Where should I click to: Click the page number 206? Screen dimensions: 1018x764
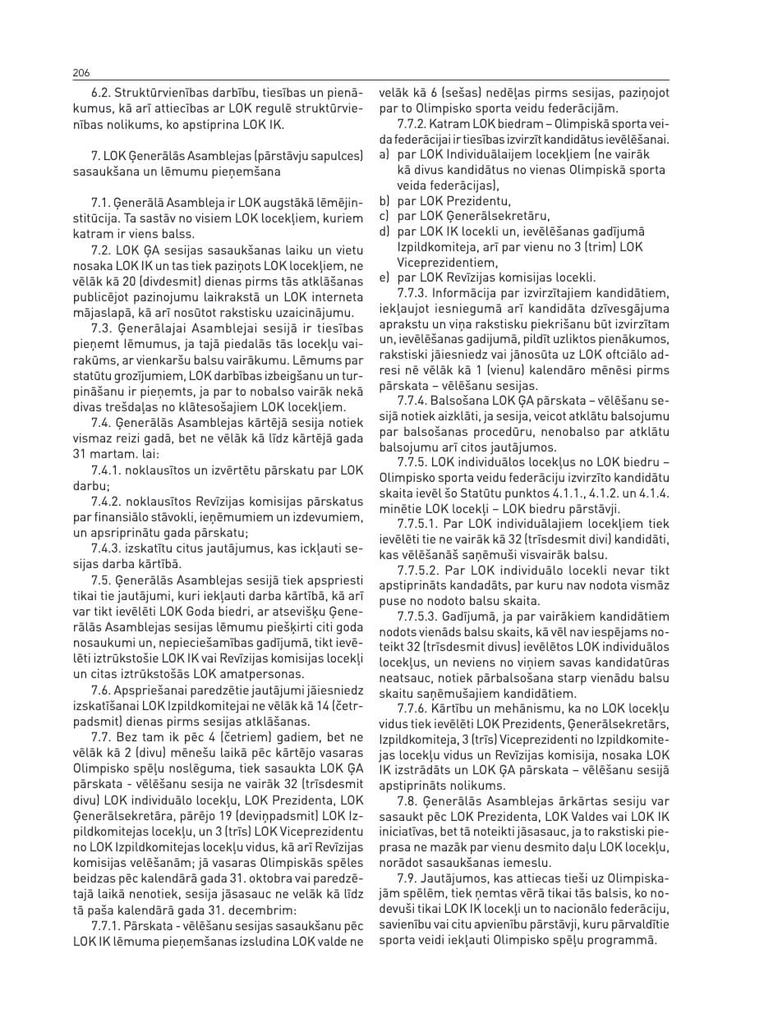[81, 73]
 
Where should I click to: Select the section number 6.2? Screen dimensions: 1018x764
[101, 94]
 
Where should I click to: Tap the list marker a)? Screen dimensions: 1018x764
[384, 154]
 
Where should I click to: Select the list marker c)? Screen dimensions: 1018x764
[384, 216]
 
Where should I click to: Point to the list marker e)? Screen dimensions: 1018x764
[384, 277]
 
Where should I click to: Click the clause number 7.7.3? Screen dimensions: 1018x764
[413, 293]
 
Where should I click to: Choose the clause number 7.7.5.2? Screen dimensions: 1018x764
[420, 571]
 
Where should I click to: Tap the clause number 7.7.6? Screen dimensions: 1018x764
[413, 708]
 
